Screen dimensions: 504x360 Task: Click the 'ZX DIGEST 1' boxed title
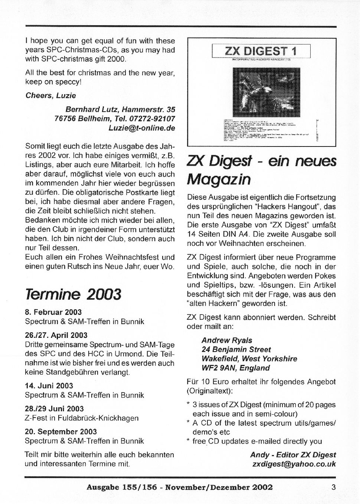pos(261,51)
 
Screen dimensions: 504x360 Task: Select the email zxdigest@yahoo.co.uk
pos(294,464)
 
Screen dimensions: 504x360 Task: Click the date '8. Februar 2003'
pos(53,312)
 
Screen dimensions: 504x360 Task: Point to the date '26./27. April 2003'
pos(56,335)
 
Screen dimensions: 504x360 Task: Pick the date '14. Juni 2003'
pos(49,386)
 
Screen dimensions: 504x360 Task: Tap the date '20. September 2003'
pos(61,432)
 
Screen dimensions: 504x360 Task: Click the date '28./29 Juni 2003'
pos(54,409)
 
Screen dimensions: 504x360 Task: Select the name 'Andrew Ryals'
pos(227,340)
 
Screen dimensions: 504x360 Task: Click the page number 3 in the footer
pos(333,487)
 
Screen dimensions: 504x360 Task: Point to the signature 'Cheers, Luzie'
pos(50,96)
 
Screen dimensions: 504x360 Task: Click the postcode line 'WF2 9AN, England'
pos(236,368)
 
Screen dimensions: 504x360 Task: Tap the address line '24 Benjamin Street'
pos(236,349)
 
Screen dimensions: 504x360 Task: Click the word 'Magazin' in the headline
pos(219,179)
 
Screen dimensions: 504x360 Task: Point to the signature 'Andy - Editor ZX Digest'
pos(293,455)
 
